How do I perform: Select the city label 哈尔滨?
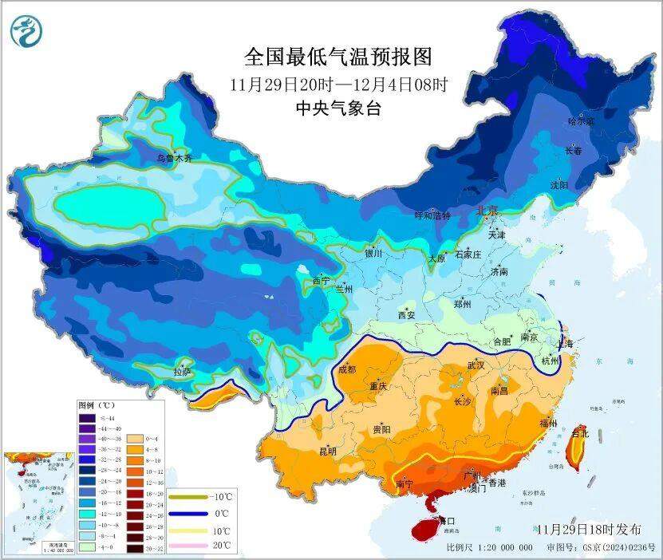coord(581,122)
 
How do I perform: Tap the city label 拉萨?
coord(183,372)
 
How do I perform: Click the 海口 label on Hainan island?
coord(444,520)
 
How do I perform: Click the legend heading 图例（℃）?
coord(97,406)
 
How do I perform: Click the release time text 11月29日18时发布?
coord(589,529)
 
